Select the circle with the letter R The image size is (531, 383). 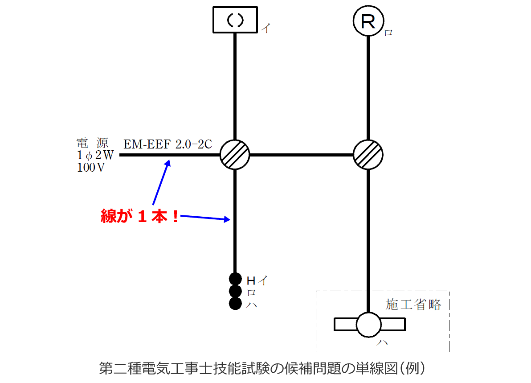pos(368,21)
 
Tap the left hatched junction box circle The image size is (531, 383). pos(235,155)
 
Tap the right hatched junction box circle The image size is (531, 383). pos(368,155)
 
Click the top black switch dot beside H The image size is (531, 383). pos(235,279)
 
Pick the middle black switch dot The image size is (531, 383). pos(235,292)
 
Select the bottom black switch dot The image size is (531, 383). pos(235,304)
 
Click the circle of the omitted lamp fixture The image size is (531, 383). pos(369,324)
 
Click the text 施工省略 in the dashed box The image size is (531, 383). pos(413,305)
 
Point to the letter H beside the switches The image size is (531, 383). pos(251,280)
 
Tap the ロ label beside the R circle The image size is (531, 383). pos(388,33)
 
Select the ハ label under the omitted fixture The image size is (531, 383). pos(382,343)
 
